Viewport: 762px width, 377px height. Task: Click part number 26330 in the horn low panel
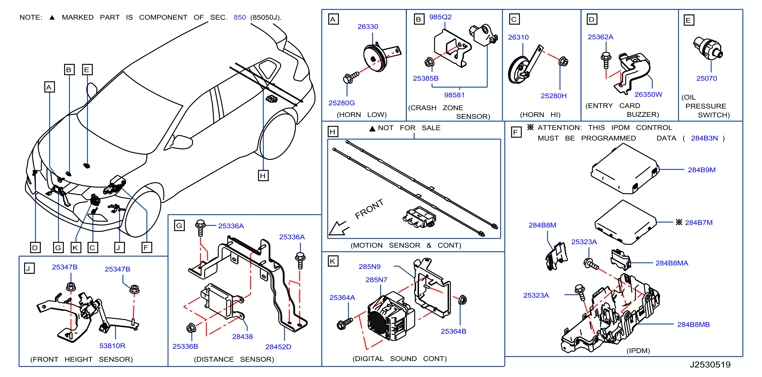coord(368,27)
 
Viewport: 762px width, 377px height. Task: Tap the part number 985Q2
coord(440,17)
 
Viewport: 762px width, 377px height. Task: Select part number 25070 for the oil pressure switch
coord(706,78)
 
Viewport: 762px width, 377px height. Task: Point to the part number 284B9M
coord(701,170)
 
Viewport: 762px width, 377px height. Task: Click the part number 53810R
coord(112,345)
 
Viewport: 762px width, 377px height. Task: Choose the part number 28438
coord(242,337)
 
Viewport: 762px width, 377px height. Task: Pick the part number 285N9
coord(369,266)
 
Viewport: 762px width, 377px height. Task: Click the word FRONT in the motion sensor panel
coord(369,209)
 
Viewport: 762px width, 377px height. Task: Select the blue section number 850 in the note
coord(240,18)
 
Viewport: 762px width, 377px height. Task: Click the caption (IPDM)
coord(638,351)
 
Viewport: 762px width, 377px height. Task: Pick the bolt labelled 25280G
coord(351,77)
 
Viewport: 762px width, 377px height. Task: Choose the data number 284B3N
coord(704,138)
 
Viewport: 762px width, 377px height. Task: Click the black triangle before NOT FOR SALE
coord(372,128)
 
